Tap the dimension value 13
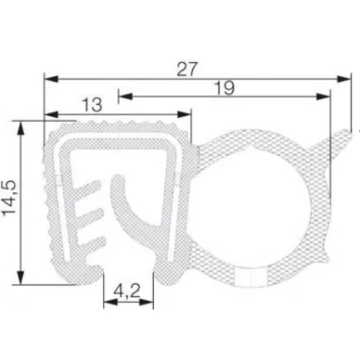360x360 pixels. pos(92,104)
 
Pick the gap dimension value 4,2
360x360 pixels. pos(128,290)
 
